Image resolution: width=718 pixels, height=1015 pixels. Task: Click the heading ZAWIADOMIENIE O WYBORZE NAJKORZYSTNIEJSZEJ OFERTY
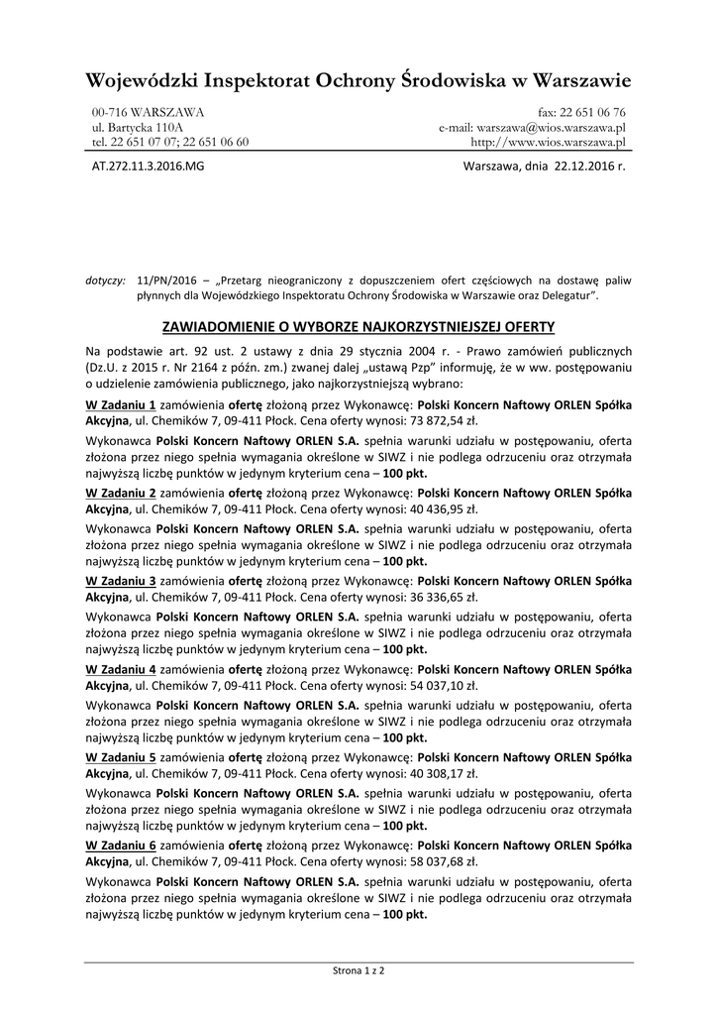(358, 326)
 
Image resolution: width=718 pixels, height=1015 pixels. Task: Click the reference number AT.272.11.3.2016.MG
(148, 167)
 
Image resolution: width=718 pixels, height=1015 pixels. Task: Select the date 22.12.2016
(582, 167)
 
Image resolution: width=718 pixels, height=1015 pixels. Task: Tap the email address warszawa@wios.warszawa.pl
(551, 127)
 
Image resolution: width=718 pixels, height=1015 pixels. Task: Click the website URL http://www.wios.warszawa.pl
(548, 142)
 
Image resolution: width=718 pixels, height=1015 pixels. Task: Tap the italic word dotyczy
(106, 281)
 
